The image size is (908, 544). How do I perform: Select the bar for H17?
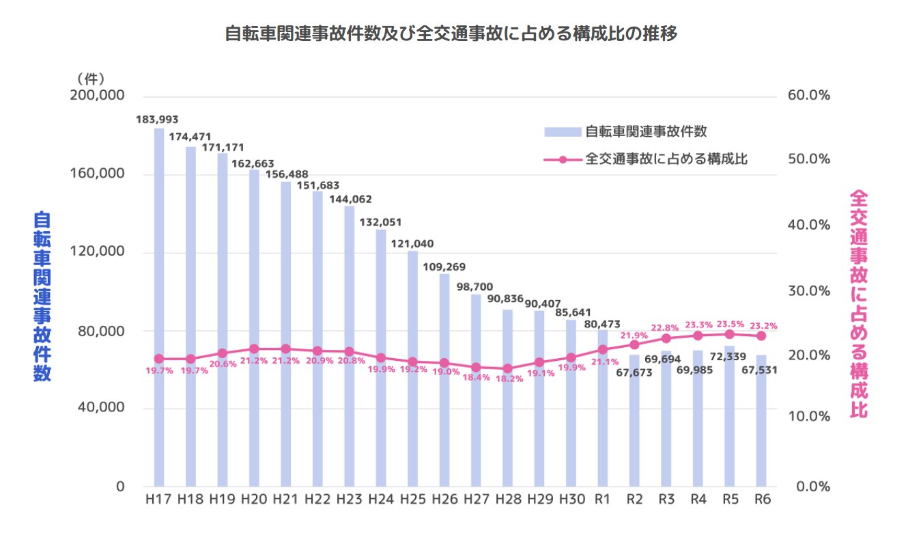coord(159,308)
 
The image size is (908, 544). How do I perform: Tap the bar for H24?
coord(381,355)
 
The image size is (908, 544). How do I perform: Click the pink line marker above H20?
coord(254,349)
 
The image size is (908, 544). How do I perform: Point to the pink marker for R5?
coord(729,334)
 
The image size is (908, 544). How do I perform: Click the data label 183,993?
coord(158,119)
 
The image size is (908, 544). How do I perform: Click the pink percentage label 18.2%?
coord(509,379)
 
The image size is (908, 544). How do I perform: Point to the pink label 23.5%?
coord(729,324)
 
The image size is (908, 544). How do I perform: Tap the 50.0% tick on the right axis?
coord(809,159)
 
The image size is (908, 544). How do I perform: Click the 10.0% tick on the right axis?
coord(809,416)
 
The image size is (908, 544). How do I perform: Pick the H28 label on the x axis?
coord(508,500)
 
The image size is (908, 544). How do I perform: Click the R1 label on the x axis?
coord(602,500)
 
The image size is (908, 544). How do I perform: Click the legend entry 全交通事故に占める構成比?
coord(666,159)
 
